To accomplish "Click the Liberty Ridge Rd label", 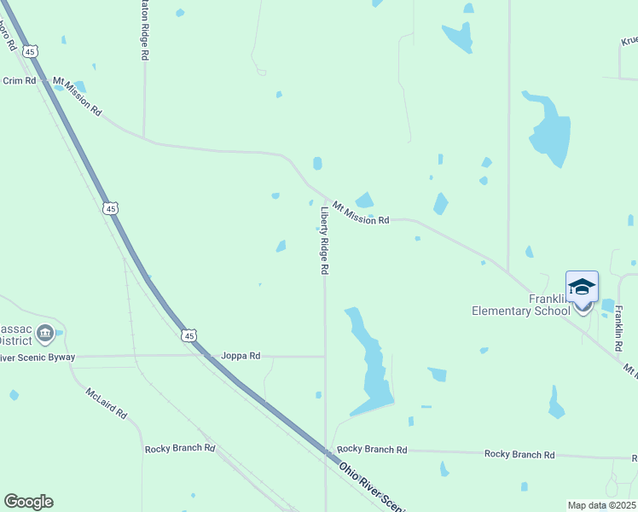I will (324, 241).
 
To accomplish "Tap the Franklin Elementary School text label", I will (521, 305).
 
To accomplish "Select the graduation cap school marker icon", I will (582, 288).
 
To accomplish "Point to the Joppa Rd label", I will (241, 356).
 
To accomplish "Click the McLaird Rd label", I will (107, 403).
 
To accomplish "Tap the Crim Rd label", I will (19, 80).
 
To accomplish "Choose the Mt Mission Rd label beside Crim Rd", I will (77, 96).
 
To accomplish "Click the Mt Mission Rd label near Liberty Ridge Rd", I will (361, 213).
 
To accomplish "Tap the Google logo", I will (28, 502).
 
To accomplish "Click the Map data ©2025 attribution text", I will (601, 505).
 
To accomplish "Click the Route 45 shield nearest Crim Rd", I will (31, 51).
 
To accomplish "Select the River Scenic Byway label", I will (38, 357).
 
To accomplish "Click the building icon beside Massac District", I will (45, 333).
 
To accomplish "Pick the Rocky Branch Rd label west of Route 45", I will (180, 448).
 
